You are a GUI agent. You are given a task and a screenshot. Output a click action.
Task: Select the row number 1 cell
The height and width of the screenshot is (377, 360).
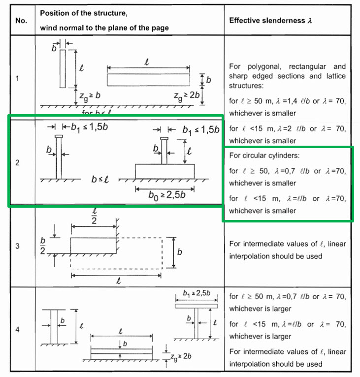point(18,79)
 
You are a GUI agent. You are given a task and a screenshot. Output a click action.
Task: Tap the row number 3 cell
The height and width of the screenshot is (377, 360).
point(18,247)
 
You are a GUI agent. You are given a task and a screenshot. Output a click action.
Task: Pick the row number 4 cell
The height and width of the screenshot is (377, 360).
point(18,329)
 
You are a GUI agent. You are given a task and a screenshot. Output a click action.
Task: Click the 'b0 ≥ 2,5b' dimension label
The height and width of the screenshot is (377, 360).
point(166,194)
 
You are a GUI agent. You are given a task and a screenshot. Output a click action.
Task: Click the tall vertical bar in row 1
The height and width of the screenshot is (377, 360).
point(63,68)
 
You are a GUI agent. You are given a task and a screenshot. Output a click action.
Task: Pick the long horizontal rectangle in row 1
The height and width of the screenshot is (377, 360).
point(148,79)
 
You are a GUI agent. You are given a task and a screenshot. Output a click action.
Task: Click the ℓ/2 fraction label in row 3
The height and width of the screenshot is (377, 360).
point(94,217)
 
